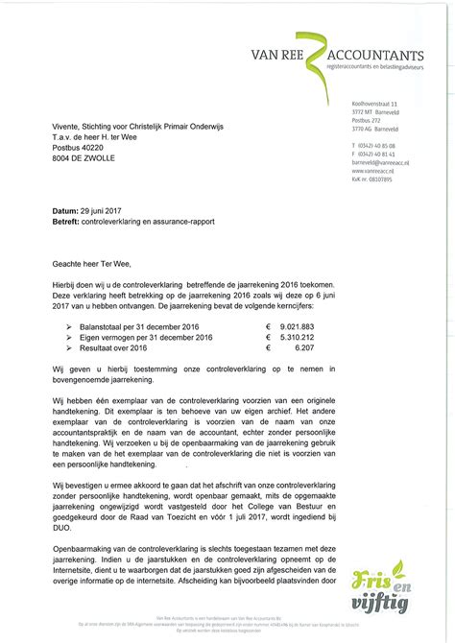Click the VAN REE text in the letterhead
click(278, 56)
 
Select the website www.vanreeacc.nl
click(374, 171)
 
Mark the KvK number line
click(372, 179)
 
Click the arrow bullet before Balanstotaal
click(68, 328)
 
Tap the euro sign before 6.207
click(268, 349)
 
